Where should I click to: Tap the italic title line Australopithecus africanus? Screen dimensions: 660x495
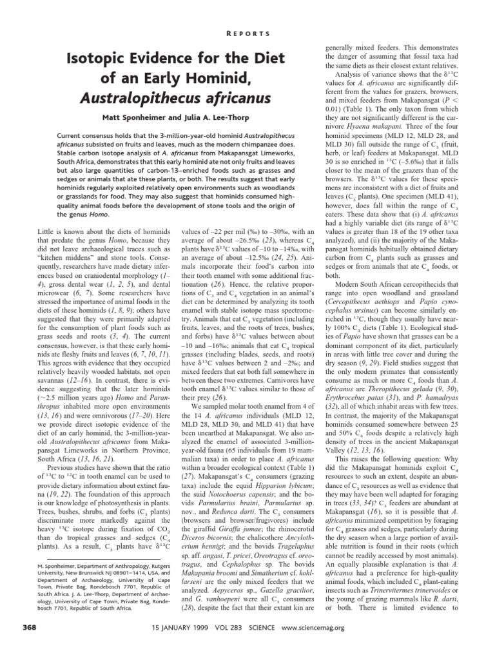pos(174,99)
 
